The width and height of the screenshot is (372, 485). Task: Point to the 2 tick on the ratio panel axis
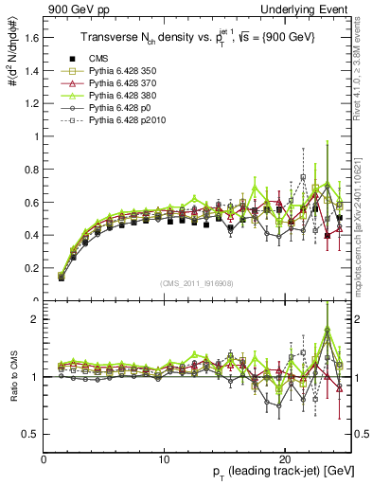[36, 319]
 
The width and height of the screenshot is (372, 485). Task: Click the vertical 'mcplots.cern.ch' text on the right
[363, 237]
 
